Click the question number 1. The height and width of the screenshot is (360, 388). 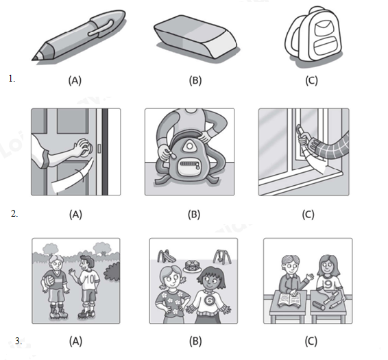click(12, 79)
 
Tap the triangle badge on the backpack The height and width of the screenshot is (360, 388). click(189, 146)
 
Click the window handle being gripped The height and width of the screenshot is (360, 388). click(300, 131)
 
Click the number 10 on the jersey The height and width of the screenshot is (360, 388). click(90, 279)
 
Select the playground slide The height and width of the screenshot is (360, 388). click(166, 256)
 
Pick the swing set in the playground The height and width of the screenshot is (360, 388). click(222, 256)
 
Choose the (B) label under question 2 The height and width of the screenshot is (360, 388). click(194, 215)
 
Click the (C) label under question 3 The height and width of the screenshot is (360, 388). click(311, 341)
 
